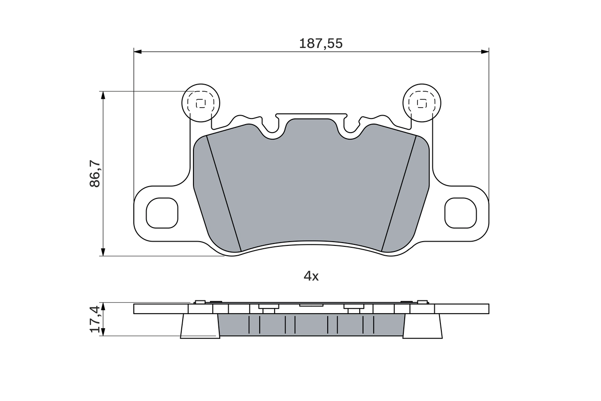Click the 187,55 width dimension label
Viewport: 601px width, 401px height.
pyautogui.click(x=321, y=44)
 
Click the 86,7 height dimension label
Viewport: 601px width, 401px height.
pyautogui.click(x=95, y=173)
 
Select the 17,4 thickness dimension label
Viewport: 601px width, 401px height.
pyautogui.click(x=95, y=319)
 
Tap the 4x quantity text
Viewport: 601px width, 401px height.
pyautogui.click(x=311, y=276)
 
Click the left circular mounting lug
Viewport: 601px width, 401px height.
pyautogui.click(x=200, y=103)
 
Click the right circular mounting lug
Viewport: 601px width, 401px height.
pyautogui.click(x=422, y=103)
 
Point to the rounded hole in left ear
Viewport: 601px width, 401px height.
pyautogui.click(x=162, y=213)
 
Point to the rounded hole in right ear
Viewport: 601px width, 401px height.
pyautogui.click(x=461, y=213)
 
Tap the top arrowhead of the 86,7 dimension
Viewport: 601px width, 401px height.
pyautogui.click(x=103, y=95)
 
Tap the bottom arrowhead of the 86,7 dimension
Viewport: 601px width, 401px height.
pyautogui.click(x=103, y=252)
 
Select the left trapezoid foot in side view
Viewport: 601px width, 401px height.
pyautogui.click(x=200, y=326)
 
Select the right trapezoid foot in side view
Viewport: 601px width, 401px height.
pyautogui.click(x=423, y=326)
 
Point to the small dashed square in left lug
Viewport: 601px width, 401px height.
pyautogui.click(x=200, y=103)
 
